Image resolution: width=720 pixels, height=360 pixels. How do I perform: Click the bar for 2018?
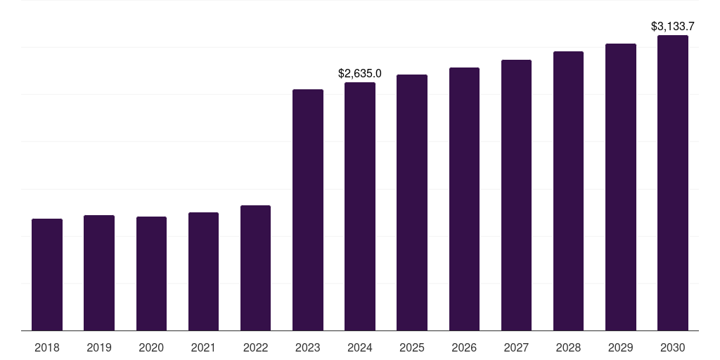(x=47, y=274)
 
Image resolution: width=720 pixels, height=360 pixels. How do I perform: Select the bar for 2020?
(x=151, y=274)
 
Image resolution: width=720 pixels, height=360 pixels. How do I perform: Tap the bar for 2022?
(x=255, y=268)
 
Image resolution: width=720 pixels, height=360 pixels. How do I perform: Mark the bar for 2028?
(x=568, y=191)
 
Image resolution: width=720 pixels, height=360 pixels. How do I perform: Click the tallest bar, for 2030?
(x=673, y=183)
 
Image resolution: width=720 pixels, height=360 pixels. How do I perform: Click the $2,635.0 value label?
(x=360, y=73)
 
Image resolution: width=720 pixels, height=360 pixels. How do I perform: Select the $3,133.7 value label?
(x=673, y=27)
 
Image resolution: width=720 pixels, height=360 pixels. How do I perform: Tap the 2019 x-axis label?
(x=99, y=347)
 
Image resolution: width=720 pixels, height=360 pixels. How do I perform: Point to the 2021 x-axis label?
(x=203, y=347)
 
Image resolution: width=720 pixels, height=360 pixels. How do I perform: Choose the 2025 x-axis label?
(x=412, y=347)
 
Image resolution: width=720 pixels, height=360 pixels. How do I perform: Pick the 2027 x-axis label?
(x=516, y=347)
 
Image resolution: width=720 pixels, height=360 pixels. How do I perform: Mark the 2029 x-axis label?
(x=620, y=347)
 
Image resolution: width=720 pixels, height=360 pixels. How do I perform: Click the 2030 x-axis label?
(x=673, y=347)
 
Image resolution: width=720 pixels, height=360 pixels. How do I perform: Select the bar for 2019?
(x=99, y=273)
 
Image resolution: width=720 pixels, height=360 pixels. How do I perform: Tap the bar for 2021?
(x=203, y=271)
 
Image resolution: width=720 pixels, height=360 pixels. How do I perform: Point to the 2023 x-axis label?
(x=308, y=347)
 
